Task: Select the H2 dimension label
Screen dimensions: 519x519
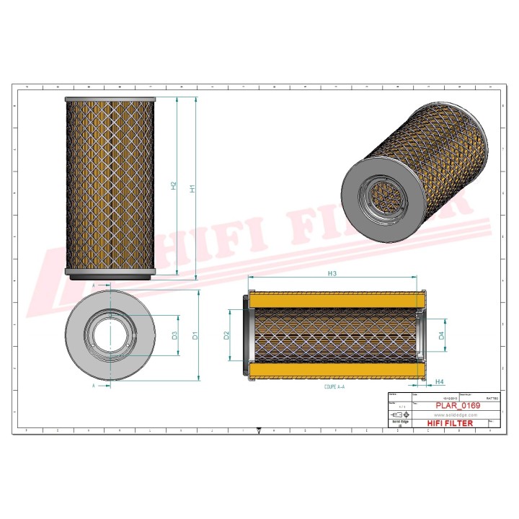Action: tap(174, 186)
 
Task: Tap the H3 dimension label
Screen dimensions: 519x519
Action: tap(332, 273)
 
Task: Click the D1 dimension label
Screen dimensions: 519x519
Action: tap(195, 335)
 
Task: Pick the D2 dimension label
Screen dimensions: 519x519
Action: tap(226, 335)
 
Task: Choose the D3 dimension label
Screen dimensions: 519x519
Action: tap(174, 335)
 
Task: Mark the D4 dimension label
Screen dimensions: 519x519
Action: tap(441, 334)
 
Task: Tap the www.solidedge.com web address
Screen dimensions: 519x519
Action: tap(453, 415)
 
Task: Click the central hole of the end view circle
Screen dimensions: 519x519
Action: tap(110, 335)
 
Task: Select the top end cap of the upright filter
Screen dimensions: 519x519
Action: tap(110, 99)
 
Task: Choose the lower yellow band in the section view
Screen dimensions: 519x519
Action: tap(334, 371)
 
